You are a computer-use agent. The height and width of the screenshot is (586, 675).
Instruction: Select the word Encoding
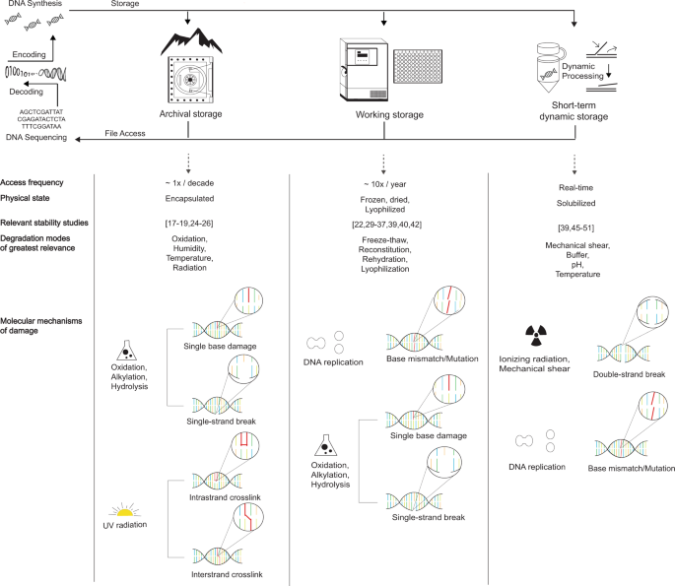30,55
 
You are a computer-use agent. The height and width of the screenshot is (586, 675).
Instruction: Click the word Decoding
30,98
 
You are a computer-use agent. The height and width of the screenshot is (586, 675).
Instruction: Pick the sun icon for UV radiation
125,513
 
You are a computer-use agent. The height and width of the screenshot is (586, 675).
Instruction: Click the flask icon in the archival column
126,350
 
